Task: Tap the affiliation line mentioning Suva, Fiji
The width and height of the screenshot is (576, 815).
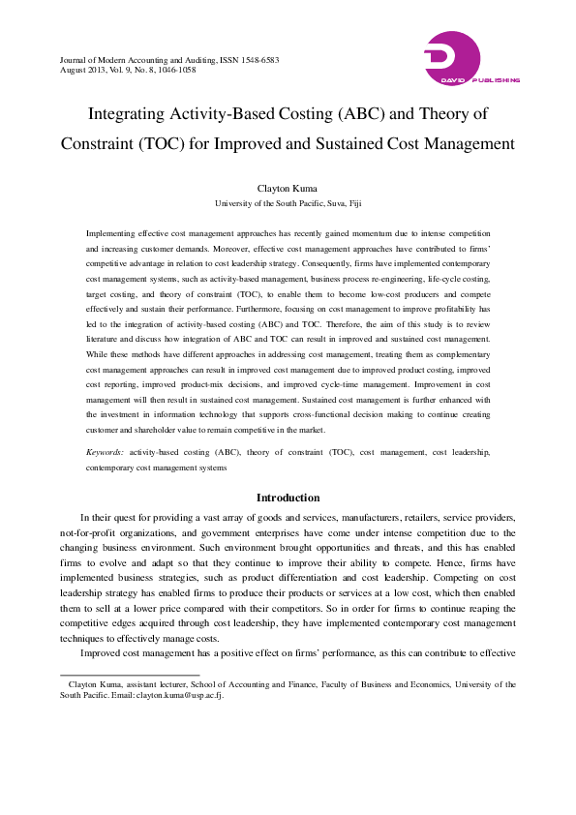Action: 288,204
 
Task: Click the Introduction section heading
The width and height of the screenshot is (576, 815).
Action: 288,498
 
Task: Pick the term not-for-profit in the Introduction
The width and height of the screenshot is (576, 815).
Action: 86,532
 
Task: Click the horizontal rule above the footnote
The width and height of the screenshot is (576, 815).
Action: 130,675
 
